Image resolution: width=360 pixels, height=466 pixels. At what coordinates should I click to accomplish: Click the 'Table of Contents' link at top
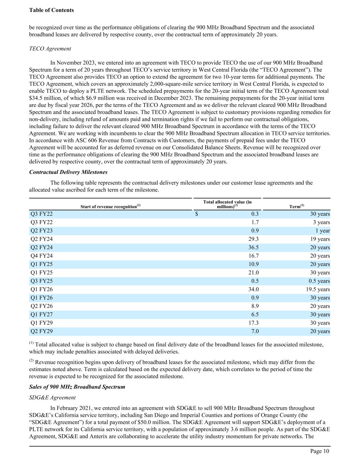[52, 10]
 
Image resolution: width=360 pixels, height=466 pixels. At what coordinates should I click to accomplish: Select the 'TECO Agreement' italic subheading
[50, 48]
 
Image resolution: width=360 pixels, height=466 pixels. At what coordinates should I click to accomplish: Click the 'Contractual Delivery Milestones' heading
[68, 172]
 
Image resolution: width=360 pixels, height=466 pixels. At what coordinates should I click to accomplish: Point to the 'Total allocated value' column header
[227, 204]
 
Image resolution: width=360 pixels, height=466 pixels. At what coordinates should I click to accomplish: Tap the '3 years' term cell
[321, 222]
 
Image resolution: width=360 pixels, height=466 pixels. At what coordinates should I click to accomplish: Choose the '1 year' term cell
[322, 231]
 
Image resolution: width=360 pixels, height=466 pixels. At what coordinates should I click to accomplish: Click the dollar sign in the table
[197, 214]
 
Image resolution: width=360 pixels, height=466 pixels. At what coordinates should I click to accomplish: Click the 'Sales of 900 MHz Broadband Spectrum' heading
[77, 387]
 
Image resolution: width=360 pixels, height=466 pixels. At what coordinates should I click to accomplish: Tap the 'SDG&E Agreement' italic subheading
[53, 397]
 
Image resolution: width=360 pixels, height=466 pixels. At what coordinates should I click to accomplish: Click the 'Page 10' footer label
[320, 451]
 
